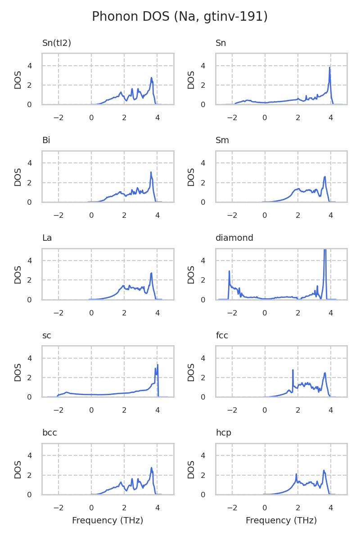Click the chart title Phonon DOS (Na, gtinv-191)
tap(180, 17)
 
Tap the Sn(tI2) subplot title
tap(57, 43)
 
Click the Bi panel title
tap(46, 140)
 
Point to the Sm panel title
tap(222, 140)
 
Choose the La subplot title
tap(47, 238)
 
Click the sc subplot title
tap(46, 336)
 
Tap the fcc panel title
tap(222, 336)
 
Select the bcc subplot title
tap(49, 433)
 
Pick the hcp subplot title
tap(223, 433)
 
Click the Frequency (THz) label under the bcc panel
tap(108, 521)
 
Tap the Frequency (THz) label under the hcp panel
tap(281, 521)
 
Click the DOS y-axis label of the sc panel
tap(18, 372)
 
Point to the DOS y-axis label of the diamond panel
tap(192, 274)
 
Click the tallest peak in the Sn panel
tap(329, 67)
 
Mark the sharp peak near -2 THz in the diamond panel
tap(229, 271)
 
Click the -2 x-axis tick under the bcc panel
tap(58, 508)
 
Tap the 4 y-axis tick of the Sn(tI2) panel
tap(30, 66)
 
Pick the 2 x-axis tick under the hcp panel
tap(298, 508)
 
